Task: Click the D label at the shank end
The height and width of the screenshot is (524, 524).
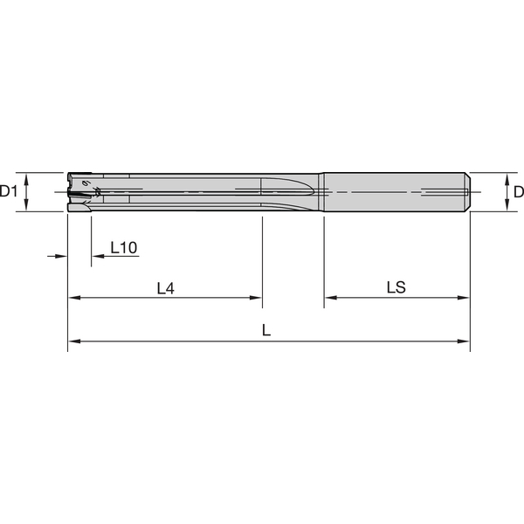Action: pos(517,191)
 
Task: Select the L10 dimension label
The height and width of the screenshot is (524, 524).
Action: pos(123,248)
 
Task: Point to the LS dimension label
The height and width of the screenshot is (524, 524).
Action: pos(396,287)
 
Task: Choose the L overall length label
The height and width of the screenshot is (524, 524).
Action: pos(266,331)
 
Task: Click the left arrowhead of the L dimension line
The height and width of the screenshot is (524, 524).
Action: pos(73,341)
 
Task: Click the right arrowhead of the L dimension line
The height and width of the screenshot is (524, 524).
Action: pos(465,341)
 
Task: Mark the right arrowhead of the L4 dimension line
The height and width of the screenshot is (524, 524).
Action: pos(257,298)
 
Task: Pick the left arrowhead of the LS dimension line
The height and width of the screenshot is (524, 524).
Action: pos(330,298)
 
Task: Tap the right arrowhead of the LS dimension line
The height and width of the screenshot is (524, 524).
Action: pos(465,298)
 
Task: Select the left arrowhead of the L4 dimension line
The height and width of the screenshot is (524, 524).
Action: pos(73,298)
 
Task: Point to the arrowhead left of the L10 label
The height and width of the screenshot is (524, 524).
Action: pos(62,257)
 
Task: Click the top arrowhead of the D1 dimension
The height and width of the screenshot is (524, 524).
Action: pos(28,176)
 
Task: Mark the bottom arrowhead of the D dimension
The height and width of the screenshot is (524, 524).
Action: pos(507,205)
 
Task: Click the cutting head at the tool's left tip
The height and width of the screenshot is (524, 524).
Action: pos(80,190)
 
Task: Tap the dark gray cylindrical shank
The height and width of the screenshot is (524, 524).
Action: pos(393,190)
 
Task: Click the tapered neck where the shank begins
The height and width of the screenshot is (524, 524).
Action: pos(322,190)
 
